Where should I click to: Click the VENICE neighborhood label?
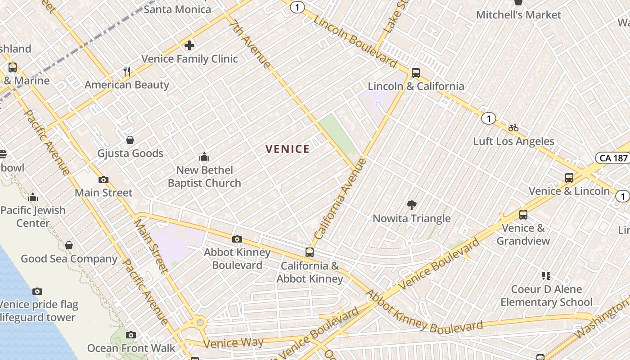[x=288, y=149]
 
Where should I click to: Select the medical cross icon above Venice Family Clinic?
[x=189, y=45]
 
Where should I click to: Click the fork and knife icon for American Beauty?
[x=127, y=72]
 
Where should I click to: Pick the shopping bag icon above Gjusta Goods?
[x=130, y=140]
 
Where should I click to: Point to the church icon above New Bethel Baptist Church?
[x=204, y=157]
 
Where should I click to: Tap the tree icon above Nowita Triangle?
[x=411, y=205]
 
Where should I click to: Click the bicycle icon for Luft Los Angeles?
[x=513, y=128]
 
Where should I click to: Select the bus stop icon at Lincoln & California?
[x=416, y=73]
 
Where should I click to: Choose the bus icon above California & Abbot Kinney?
[x=310, y=252]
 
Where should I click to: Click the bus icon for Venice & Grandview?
[x=523, y=215]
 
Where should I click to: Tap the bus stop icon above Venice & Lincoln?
[x=569, y=178]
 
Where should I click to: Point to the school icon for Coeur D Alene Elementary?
[x=546, y=275]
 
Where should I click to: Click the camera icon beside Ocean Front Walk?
[x=131, y=335]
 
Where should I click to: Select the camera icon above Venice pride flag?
[x=37, y=291]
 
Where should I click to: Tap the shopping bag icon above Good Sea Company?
[x=69, y=245]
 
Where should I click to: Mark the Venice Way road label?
[x=234, y=343]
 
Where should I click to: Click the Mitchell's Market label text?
[x=518, y=15]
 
